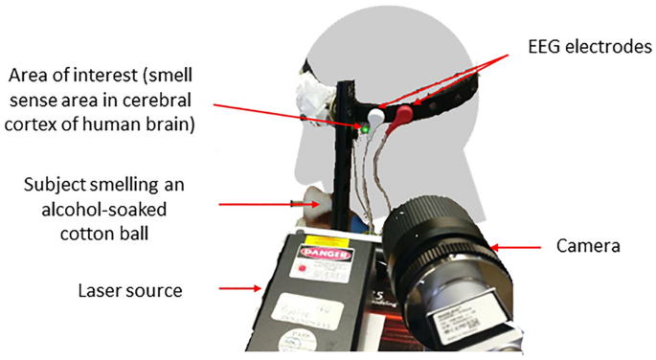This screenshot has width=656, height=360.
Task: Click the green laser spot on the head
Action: (x=365, y=126)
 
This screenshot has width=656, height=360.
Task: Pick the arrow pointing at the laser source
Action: (x=240, y=287)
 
